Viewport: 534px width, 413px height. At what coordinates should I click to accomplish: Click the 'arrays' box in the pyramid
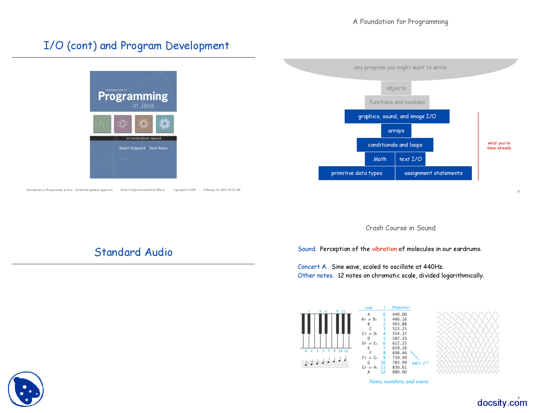(x=396, y=131)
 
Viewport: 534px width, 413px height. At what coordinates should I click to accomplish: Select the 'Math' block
(x=380, y=159)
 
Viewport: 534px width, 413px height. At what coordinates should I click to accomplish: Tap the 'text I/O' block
(x=410, y=159)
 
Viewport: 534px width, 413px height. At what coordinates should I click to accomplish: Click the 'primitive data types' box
(x=356, y=173)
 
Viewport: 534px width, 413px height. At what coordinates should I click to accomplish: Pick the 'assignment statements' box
(x=433, y=173)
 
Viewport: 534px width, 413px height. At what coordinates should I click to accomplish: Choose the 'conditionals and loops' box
(x=395, y=145)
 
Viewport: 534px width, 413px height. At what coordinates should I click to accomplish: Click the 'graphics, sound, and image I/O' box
(x=397, y=117)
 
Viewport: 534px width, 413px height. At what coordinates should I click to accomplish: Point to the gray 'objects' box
(x=396, y=88)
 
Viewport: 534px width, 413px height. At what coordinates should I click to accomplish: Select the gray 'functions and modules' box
(x=397, y=102)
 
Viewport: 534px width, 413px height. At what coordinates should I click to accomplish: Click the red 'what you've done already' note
(x=499, y=145)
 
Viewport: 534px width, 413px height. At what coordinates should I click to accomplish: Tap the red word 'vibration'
(x=384, y=249)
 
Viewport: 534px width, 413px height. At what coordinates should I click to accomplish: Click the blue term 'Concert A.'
(x=312, y=267)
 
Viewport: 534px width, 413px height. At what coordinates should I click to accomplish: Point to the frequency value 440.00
(x=399, y=314)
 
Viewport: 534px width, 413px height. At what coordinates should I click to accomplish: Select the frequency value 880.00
(x=399, y=372)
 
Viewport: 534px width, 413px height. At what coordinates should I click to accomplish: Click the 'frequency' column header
(x=400, y=307)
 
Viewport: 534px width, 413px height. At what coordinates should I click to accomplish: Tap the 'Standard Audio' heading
(x=133, y=252)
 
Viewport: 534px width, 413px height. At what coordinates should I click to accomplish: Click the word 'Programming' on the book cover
(x=133, y=96)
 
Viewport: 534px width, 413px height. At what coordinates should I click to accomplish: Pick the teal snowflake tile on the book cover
(x=164, y=124)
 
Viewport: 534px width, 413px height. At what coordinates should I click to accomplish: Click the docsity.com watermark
(x=502, y=403)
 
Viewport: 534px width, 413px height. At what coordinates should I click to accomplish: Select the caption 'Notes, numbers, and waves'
(x=398, y=382)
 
